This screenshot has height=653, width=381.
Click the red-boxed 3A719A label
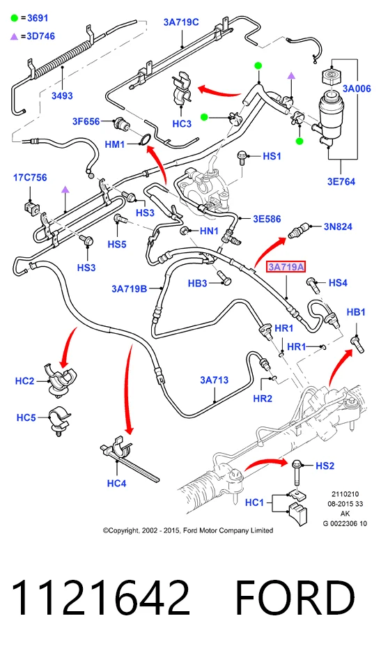286,266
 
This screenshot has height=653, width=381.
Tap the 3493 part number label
62,95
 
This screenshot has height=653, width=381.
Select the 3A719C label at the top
181,22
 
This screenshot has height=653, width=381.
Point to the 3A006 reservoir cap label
357,89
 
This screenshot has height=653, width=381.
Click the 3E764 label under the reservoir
341,182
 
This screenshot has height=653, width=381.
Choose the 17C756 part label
30,178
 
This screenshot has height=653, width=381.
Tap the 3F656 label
86,121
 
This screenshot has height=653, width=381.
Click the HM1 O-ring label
115,144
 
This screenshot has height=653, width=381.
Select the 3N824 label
338,226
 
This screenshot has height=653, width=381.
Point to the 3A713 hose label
214,380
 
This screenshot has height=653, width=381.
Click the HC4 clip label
116,483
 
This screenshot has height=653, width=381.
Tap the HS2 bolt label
325,466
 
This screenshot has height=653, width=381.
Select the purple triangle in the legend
15,37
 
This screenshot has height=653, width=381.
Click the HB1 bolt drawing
357,344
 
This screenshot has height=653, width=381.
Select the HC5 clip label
26,417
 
